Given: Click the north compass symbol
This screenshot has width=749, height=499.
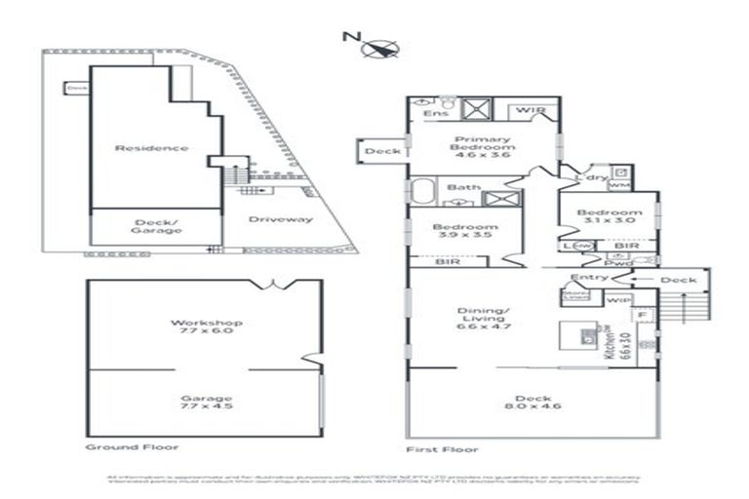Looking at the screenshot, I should (x=381, y=46).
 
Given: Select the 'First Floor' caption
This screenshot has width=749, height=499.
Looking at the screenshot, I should (x=442, y=450).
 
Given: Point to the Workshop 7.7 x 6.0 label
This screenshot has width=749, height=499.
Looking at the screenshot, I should (x=206, y=327).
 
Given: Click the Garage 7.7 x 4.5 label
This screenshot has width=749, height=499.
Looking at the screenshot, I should (x=206, y=403).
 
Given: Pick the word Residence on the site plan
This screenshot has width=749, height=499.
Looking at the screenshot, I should (x=151, y=148).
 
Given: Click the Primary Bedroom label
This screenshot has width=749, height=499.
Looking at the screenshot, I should (x=483, y=146).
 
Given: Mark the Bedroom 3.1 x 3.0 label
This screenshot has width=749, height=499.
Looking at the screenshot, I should (x=609, y=218).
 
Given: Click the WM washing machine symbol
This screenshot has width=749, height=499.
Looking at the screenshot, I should (x=619, y=184).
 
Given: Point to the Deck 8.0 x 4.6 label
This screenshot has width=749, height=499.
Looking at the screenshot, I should (x=534, y=404).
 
